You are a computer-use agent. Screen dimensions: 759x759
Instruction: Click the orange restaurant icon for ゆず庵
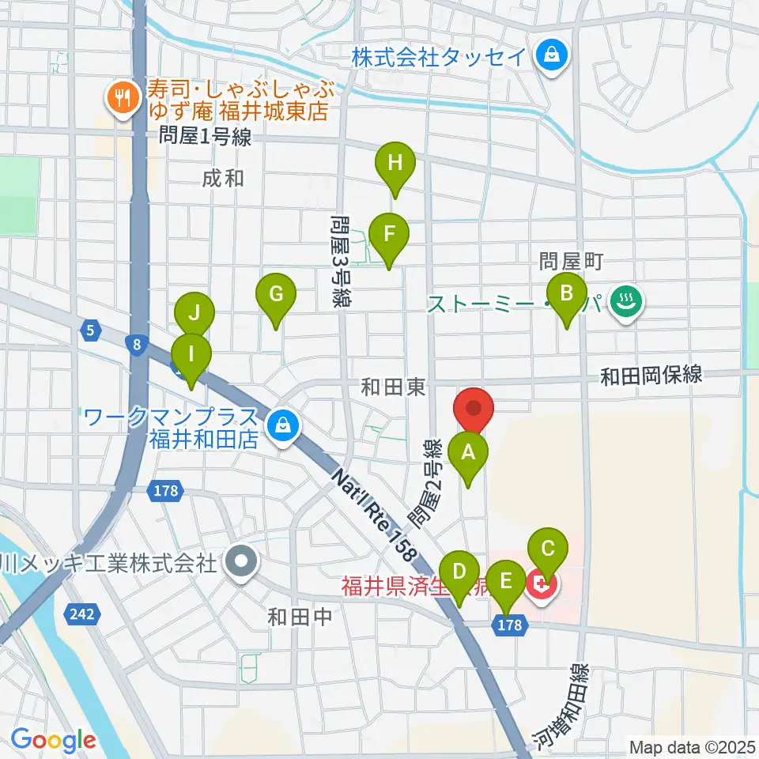pos(122,98)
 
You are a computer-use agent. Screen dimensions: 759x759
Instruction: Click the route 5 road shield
pos(92,330)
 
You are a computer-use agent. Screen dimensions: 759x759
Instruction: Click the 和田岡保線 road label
pos(651,376)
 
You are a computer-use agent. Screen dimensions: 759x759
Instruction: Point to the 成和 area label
pos(222,179)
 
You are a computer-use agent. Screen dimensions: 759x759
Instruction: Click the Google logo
pos(53,739)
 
